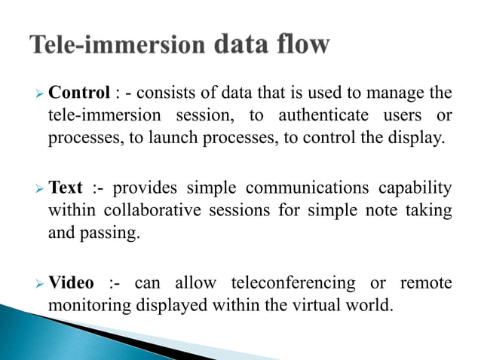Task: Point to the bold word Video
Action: point(72,283)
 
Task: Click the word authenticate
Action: point(326,116)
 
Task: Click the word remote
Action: point(427,283)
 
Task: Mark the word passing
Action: point(112,234)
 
